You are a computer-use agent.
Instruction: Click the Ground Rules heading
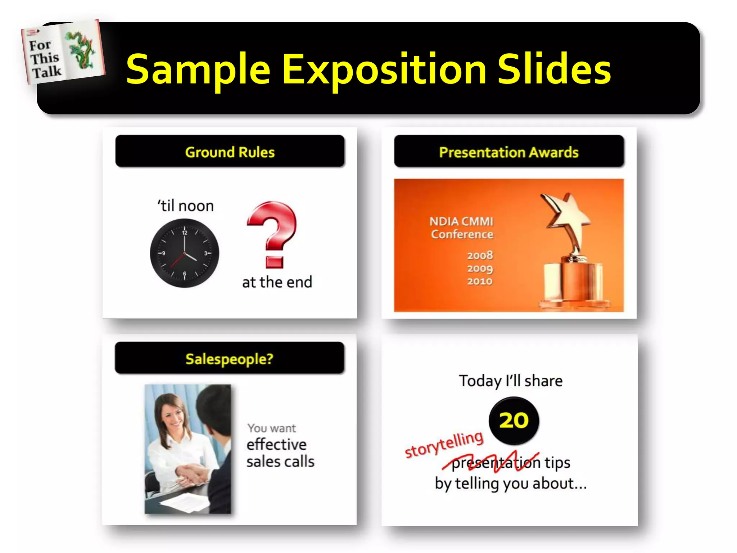tap(230, 152)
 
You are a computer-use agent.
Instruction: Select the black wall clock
tap(184, 253)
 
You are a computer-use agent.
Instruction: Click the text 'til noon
tap(186, 206)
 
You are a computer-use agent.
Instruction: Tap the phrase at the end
tap(277, 282)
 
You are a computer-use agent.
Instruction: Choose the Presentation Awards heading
tap(508, 152)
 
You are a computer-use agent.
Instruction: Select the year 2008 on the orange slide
tap(480, 255)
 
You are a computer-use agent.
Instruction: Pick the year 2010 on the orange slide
tap(480, 281)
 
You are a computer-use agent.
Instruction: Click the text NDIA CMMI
tap(461, 221)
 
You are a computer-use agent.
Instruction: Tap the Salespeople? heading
tap(230, 359)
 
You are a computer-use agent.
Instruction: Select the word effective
tap(276, 445)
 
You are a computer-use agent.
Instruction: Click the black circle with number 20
tap(514, 421)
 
